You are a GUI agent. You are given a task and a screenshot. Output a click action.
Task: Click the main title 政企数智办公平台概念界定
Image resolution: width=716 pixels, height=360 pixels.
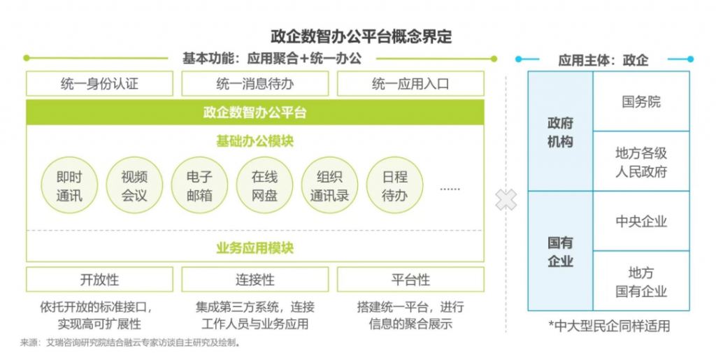tap(361, 36)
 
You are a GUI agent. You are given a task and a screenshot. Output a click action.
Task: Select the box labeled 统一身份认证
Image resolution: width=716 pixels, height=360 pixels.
tap(99, 83)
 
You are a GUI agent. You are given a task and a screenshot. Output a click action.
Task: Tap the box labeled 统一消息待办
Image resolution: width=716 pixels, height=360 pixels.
tap(255, 83)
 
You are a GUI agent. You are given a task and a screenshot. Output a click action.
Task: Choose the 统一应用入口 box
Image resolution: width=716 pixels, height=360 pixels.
tap(410, 83)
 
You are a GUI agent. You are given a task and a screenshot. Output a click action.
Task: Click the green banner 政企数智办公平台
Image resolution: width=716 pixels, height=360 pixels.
tap(255, 113)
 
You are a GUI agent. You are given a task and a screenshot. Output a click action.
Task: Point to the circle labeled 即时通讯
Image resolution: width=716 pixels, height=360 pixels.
tap(69, 185)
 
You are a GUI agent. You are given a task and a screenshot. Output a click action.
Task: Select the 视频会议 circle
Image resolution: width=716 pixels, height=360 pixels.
tap(134, 185)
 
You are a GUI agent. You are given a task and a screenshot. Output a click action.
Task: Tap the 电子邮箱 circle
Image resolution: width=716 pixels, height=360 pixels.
tap(199, 185)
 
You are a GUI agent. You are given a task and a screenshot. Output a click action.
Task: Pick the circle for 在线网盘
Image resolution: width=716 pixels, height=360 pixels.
tap(264, 185)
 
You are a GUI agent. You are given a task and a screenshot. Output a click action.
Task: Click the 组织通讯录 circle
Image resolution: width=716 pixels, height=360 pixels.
tap(330, 185)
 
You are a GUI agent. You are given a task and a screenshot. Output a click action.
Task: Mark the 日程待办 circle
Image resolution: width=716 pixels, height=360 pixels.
tap(394, 185)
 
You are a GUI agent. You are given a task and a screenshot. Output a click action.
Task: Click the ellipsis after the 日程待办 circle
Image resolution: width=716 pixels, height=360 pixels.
tap(450, 189)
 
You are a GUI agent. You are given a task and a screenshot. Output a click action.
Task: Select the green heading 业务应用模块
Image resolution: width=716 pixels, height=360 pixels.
tap(255, 247)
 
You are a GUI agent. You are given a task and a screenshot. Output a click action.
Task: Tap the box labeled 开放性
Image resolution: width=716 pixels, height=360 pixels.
tap(99, 279)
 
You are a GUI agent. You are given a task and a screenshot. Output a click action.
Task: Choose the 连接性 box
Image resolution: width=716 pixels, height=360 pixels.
tap(255, 279)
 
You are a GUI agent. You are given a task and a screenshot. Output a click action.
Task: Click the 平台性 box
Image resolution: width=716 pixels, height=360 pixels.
tap(410, 279)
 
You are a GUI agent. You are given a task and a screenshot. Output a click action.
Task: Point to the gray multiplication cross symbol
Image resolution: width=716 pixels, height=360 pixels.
tap(506, 200)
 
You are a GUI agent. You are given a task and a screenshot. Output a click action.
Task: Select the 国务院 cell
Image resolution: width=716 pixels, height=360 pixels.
tap(641, 101)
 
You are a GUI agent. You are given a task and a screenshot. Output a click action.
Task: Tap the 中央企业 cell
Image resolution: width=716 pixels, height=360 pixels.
tap(641, 222)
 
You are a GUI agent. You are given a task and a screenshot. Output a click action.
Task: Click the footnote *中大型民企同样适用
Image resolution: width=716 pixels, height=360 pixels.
tap(609, 326)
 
